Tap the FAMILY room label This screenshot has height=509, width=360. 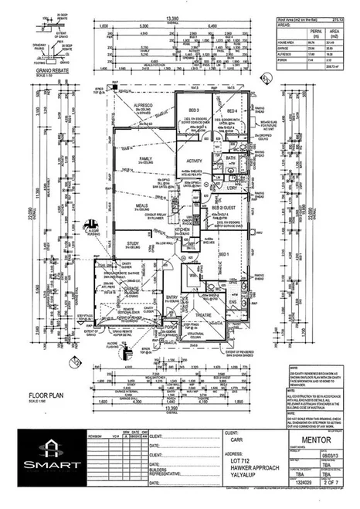(144, 158)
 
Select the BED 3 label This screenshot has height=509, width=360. (182, 110)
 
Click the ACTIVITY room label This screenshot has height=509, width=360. (193, 161)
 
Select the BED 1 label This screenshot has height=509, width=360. (223, 254)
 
